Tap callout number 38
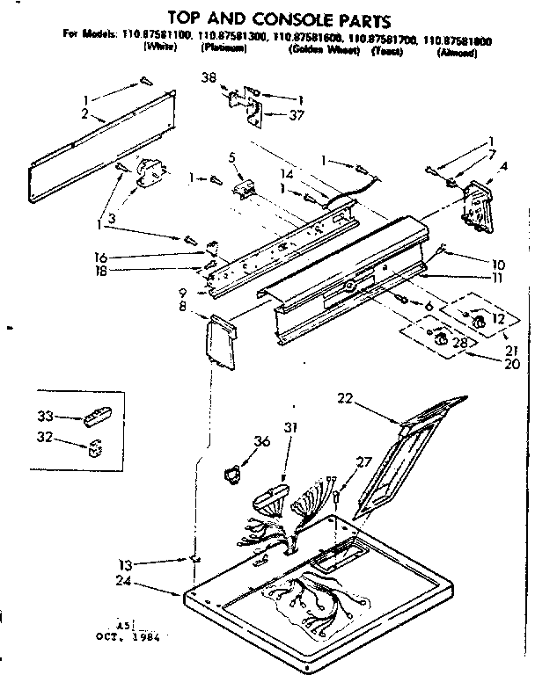(x=209, y=76)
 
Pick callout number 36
(x=260, y=442)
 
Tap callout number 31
(x=291, y=428)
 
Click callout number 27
(x=363, y=462)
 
